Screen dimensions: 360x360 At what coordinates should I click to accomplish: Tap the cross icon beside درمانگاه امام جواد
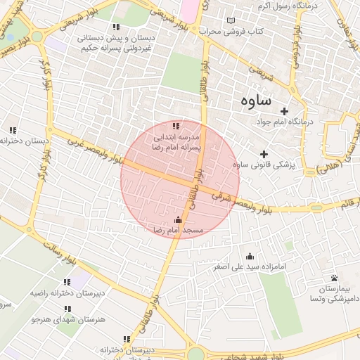[x=284, y=111]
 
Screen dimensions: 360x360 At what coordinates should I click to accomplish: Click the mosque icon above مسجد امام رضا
[x=178, y=220]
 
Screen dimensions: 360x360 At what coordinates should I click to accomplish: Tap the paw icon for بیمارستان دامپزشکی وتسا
[x=334, y=278]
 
